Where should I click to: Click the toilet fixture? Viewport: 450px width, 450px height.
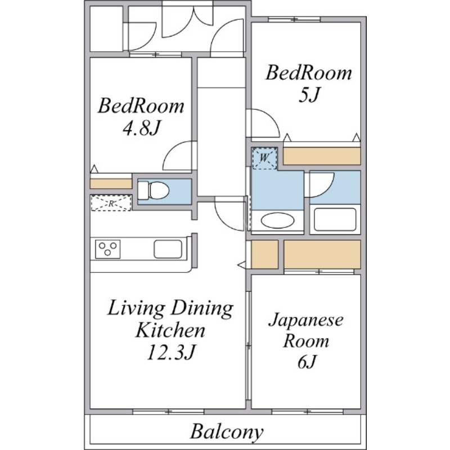point(153,190)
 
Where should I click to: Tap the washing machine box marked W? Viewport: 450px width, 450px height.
point(264,158)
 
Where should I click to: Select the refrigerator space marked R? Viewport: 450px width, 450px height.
point(111,203)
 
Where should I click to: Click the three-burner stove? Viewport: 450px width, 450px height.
point(107,249)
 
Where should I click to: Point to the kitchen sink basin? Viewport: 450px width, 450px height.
point(168,249)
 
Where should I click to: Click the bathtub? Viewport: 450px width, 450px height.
point(335,219)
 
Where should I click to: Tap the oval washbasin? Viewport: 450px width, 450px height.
point(277,220)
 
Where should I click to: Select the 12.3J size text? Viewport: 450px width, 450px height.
point(172,352)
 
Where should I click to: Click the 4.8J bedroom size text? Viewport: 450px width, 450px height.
point(141,128)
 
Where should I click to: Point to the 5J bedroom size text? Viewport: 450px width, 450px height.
point(308,94)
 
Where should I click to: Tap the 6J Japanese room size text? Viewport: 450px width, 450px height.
point(307,362)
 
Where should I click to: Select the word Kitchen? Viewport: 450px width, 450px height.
point(170,330)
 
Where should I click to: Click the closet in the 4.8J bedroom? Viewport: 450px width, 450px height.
point(111,184)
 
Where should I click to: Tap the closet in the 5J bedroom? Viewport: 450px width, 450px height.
point(322,156)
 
